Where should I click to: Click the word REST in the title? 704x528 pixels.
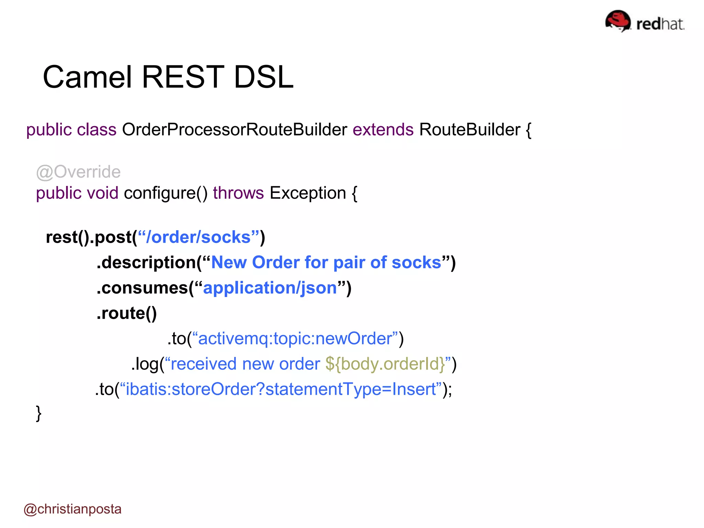click(183, 77)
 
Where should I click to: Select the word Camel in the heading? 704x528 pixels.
click(87, 77)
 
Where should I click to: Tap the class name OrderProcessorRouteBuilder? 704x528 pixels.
click(234, 130)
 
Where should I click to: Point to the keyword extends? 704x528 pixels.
click(383, 130)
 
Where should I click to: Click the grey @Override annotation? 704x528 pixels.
click(78, 172)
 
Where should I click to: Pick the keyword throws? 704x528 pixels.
click(238, 193)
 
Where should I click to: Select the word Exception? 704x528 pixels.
click(308, 193)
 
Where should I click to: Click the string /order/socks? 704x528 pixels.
click(198, 237)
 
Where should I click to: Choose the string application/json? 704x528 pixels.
click(270, 288)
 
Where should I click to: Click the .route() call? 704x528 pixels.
click(126, 313)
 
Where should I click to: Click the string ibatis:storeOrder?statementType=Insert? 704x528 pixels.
click(281, 389)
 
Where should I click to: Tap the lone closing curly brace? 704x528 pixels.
click(38, 413)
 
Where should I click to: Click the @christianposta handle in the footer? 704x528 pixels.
click(73, 509)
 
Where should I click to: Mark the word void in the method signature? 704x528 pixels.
click(102, 193)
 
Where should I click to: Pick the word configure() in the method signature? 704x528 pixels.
click(165, 193)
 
